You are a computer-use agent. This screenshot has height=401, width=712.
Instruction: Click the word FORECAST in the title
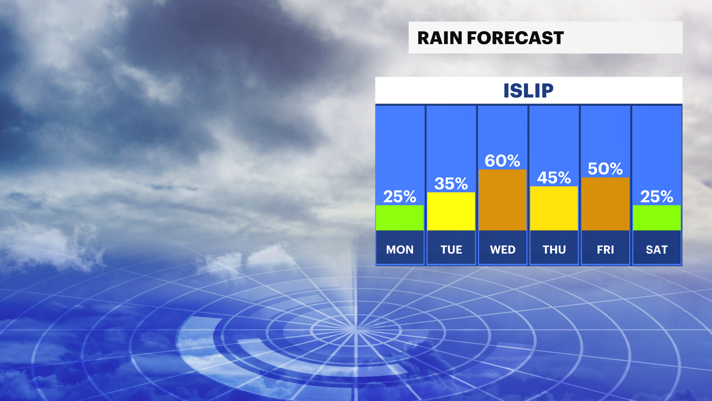point(515,38)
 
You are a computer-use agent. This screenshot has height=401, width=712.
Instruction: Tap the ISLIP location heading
point(528,91)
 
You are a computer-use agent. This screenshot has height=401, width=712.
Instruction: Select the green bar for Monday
point(400,218)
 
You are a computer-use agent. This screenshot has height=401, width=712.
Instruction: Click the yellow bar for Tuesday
point(451,211)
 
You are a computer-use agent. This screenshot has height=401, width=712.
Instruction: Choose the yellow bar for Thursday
point(554,208)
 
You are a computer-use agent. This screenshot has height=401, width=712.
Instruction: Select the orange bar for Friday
point(605,204)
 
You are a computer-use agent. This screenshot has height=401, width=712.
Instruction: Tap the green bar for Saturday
point(657,218)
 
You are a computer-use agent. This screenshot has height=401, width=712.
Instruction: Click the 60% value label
point(502,161)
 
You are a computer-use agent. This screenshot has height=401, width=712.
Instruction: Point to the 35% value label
point(451,183)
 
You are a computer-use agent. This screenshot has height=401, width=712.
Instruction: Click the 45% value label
point(554,177)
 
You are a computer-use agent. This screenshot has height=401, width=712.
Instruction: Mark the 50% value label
point(605,169)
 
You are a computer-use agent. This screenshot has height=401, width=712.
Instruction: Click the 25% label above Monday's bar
point(400,196)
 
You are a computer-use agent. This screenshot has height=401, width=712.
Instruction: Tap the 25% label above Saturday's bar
point(657,196)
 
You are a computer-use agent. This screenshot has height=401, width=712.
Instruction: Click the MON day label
point(400,250)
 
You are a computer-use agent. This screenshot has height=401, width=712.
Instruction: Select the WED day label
point(502,250)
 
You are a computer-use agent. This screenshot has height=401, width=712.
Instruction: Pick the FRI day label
point(605,250)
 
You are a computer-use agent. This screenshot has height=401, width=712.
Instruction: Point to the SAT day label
point(657,250)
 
